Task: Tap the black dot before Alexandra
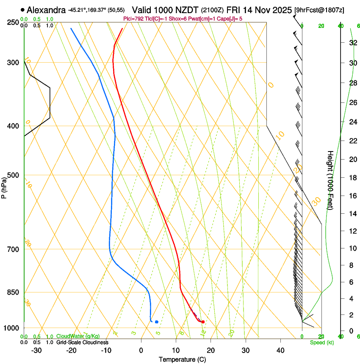(22, 9)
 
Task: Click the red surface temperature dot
(203, 322)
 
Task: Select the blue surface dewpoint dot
(157, 322)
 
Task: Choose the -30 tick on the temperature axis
(36, 350)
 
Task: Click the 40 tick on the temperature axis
(280, 350)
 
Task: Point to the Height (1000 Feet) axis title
(330, 180)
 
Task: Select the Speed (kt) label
(319, 342)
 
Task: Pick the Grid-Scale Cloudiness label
(82, 342)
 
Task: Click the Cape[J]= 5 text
(230, 19)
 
